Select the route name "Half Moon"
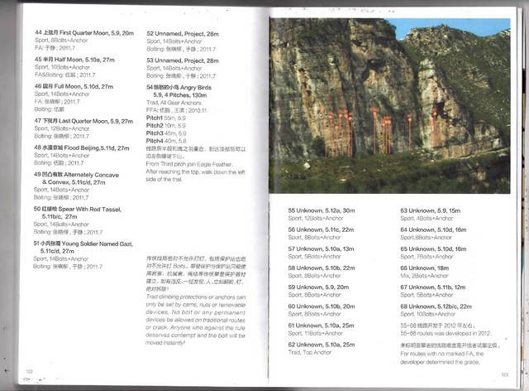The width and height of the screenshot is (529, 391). coord(76,60)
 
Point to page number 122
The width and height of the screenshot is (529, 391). coord(29,370)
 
